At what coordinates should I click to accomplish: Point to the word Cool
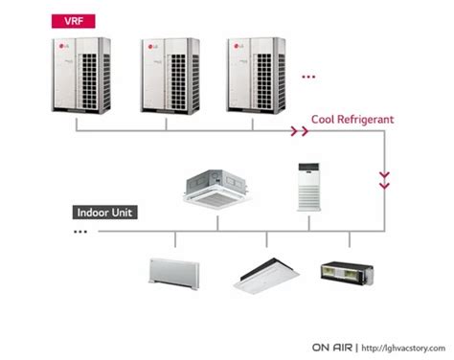click(x=325, y=121)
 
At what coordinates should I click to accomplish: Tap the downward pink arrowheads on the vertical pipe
click(x=385, y=179)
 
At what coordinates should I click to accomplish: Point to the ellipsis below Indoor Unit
click(x=76, y=232)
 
